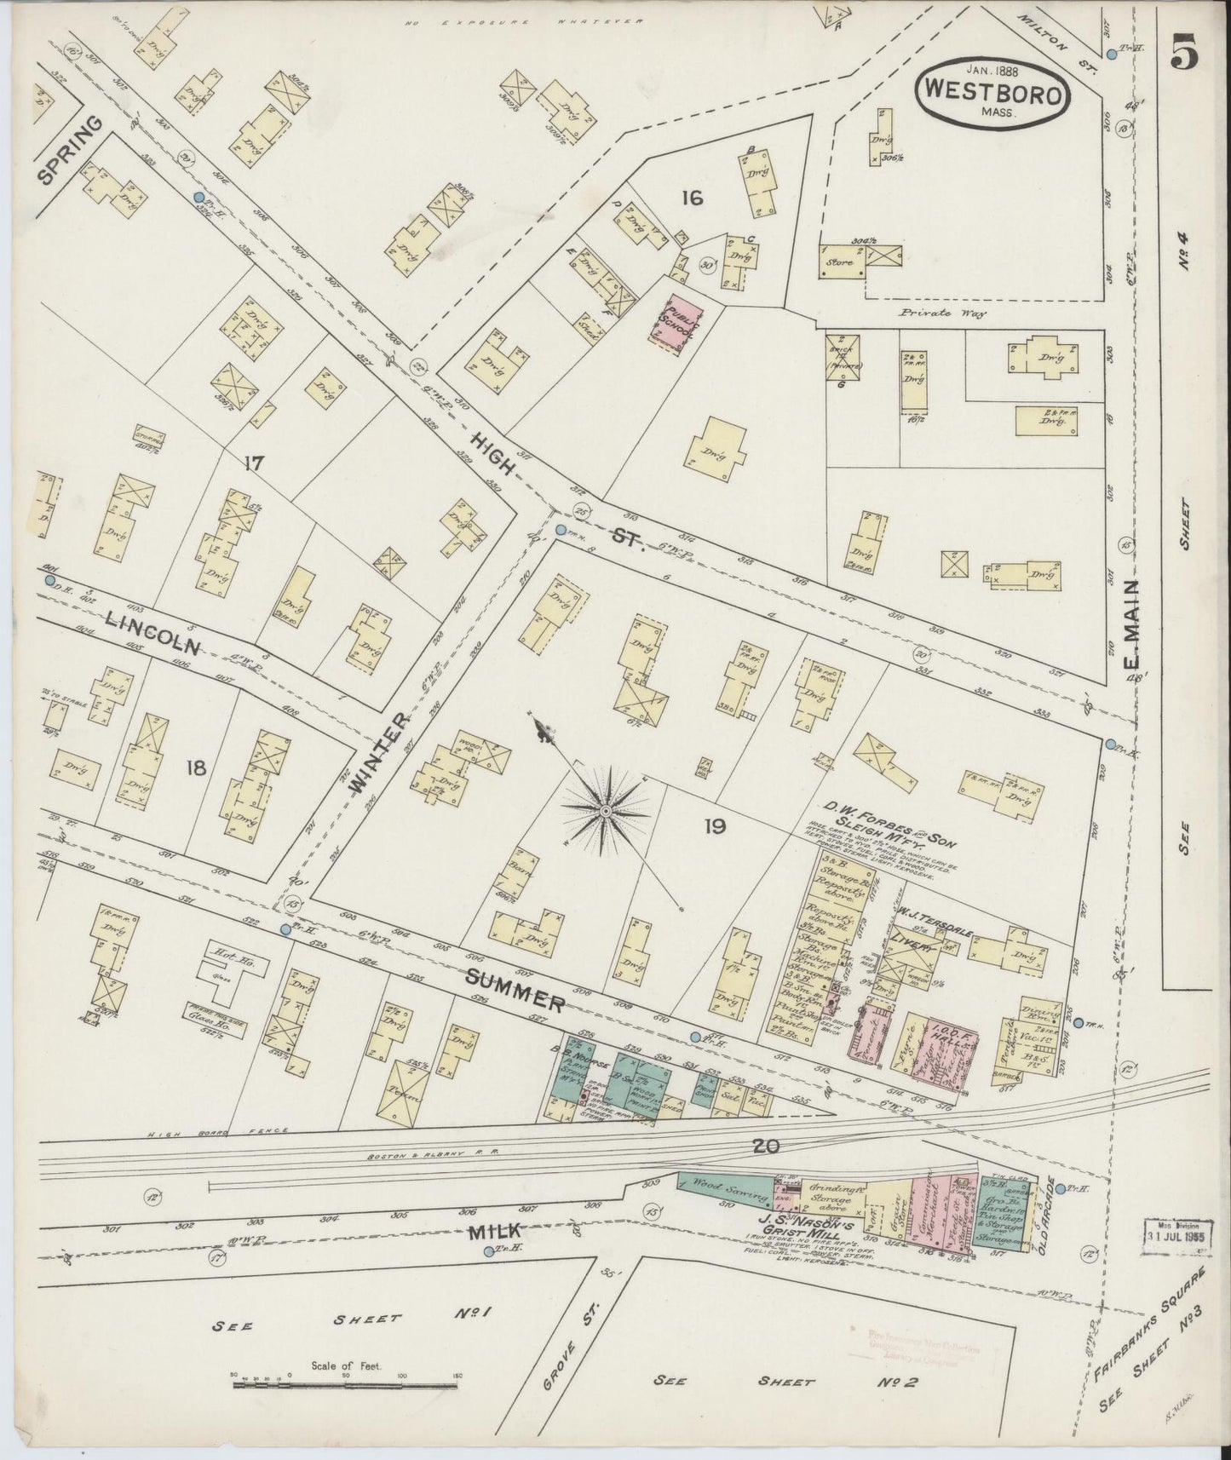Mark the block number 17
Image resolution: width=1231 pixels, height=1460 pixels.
[x=253, y=463]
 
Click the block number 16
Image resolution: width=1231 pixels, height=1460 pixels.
[x=691, y=198]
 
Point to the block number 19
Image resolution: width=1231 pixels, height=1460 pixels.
[x=714, y=825]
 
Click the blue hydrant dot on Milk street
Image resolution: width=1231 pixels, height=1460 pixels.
[x=488, y=1251]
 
